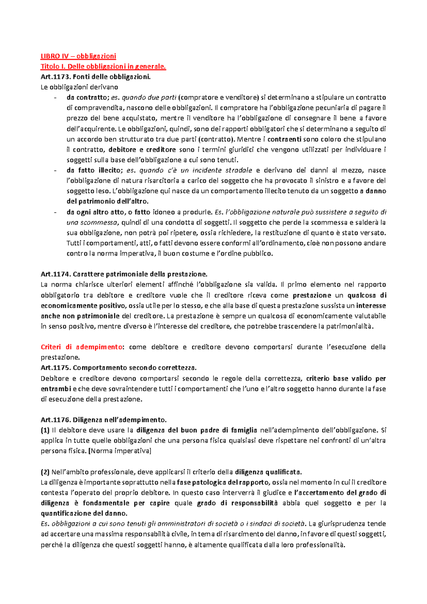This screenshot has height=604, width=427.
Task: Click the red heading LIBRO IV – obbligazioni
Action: tap(78, 56)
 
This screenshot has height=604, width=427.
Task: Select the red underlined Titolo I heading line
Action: tap(103, 66)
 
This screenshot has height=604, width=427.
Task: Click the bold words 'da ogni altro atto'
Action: tap(96, 212)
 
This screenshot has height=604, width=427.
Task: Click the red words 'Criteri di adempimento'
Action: tap(81, 347)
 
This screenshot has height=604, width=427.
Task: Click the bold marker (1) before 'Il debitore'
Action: tap(45, 430)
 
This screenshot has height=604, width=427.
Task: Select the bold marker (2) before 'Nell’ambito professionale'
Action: tap(45, 472)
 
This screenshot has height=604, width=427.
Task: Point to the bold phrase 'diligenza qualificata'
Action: tap(268, 472)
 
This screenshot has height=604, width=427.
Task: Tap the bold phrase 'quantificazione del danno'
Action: tap(84, 514)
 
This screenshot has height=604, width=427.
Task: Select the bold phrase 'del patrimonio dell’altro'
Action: tap(107, 202)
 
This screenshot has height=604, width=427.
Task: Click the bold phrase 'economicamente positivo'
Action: tap(83, 306)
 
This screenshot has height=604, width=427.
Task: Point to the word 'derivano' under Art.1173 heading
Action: tap(104, 87)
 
